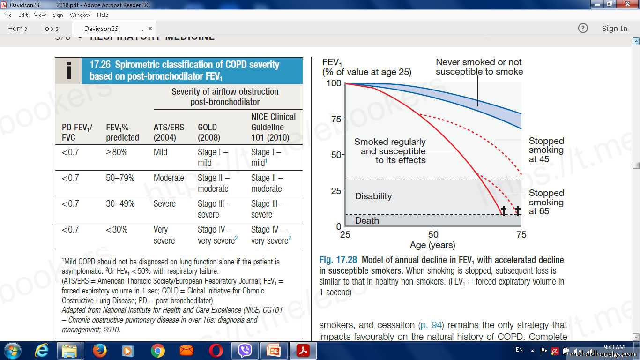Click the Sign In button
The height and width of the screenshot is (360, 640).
(x=614, y=29)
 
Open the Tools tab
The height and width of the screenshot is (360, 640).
(x=49, y=29)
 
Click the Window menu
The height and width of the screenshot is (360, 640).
(x=80, y=15)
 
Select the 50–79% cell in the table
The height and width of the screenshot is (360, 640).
(x=120, y=178)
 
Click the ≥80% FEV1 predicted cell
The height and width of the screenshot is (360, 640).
(x=117, y=152)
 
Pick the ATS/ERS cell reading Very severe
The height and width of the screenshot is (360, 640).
(x=164, y=235)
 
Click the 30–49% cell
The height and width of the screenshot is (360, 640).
(x=120, y=204)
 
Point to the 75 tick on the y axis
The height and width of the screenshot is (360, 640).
(x=335, y=119)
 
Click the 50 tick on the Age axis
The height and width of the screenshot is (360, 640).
(x=433, y=234)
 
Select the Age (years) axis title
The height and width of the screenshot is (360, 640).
(x=432, y=245)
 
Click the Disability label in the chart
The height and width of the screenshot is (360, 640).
(x=373, y=196)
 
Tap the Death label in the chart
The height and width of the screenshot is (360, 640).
(x=367, y=220)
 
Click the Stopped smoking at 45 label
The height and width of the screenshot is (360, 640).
(x=546, y=150)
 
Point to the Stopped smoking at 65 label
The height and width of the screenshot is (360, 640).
(x=546, y=202)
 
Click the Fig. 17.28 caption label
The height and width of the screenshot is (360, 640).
(x=338, y=260)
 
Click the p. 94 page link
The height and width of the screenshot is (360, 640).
(x=431, y=325)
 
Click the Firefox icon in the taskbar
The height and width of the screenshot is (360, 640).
(x=99, y=350)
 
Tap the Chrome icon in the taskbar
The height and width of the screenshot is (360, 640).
(x=157, y=350)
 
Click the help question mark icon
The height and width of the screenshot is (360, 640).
(x=583, y=29)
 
